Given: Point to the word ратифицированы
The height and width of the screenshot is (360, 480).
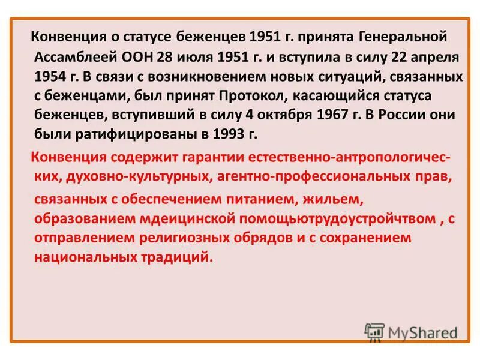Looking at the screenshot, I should point(131,135).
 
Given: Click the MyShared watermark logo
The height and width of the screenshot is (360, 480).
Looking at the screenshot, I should point(411,331).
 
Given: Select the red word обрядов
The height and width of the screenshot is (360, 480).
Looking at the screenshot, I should point(271,238).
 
